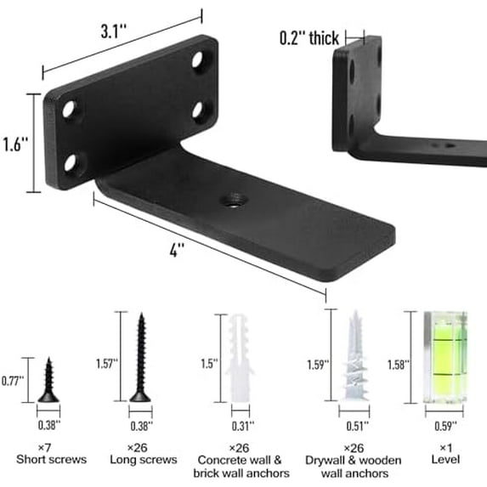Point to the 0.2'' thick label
pyautogui.click(x=309, y=38)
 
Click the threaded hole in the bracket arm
pyautogui.click(x=230, y=201)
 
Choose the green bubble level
pyautogui.click(x=446, y=356)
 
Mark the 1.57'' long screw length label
pyautogui.click(x=108, y=363)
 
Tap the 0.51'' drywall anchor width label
pyautogui.click(x=356, y=427)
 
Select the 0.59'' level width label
pyautogui.click(x=446, y=425)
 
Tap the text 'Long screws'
pyautogui.click(x=143, y=460)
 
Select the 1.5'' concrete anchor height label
pyautogui.click(x=208, y=363)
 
